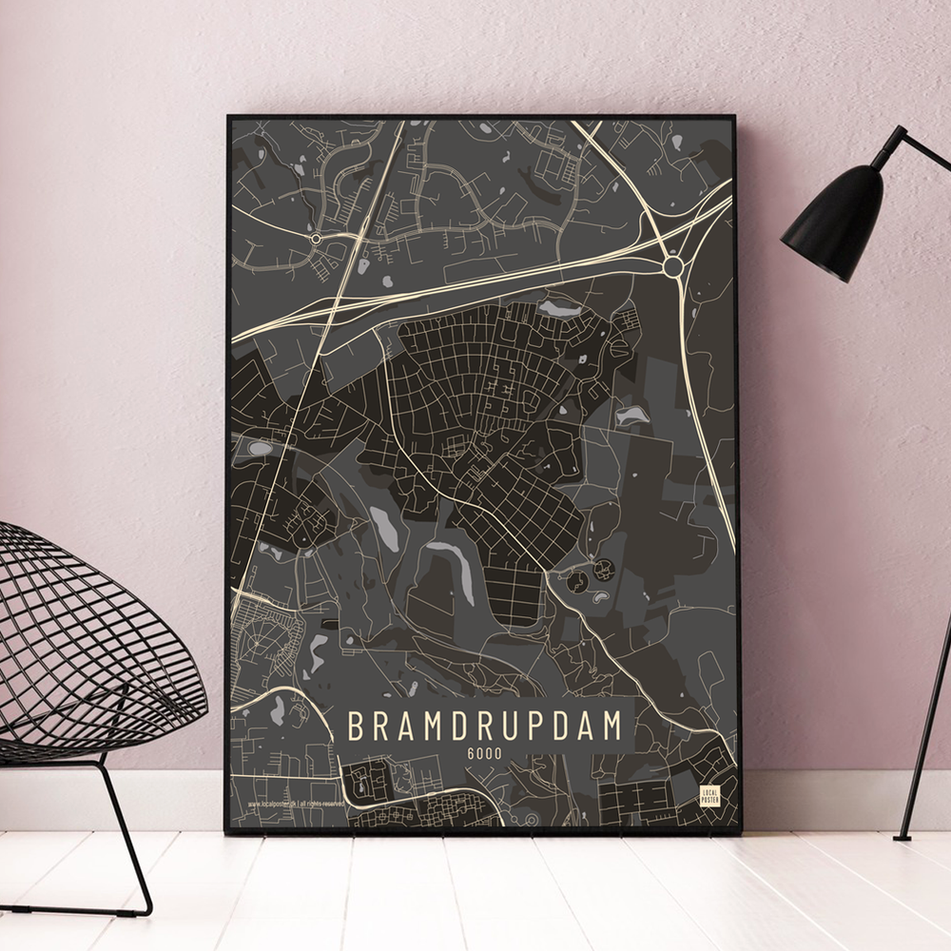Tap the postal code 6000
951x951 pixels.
485,753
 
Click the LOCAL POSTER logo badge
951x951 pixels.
709,797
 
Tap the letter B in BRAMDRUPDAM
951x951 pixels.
355,725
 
